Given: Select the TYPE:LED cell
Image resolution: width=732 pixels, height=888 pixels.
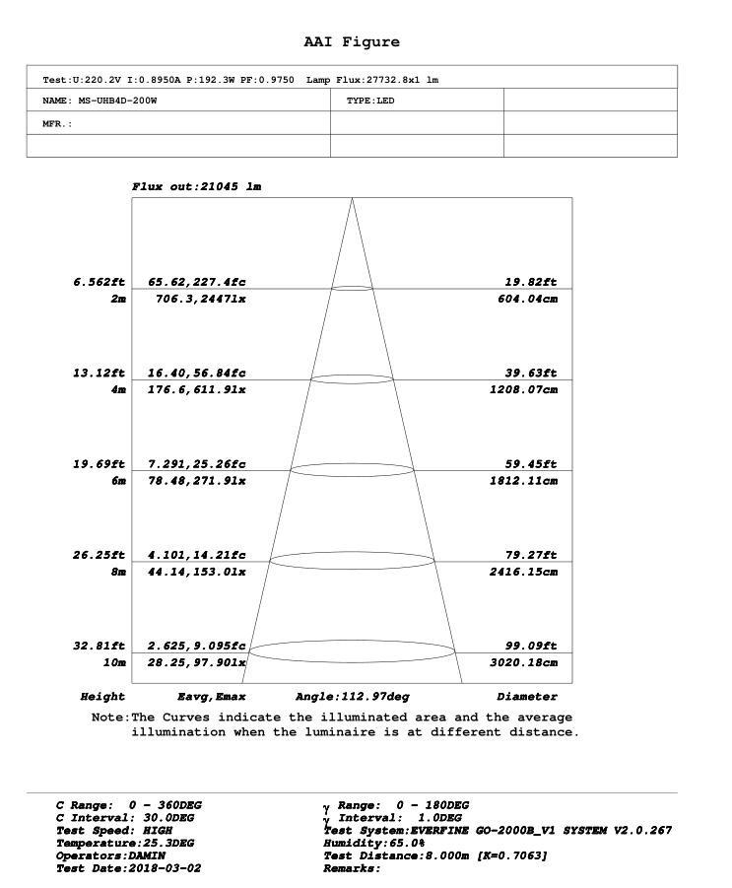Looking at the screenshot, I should coord(370,101).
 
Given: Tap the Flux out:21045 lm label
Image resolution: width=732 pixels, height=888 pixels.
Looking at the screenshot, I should coord(196,186).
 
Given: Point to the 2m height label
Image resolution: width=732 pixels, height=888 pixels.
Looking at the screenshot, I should coord(118,299).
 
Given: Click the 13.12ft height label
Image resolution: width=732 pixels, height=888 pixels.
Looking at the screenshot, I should coord(100,374).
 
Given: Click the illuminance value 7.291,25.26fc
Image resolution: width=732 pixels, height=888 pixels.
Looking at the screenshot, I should coord(197,464).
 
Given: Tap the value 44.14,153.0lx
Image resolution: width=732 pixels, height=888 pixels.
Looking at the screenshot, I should coord(201,572).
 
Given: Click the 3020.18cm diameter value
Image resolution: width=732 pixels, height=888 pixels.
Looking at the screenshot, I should coord(523,662).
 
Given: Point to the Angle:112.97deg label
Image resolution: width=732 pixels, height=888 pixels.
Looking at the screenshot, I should coord(353,697).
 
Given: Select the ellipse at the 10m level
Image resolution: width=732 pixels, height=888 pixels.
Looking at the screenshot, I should coord(353,650).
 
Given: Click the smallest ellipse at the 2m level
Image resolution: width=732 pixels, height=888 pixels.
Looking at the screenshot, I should coord(353,288).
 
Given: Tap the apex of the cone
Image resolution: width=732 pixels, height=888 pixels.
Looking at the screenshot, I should coord(353,199).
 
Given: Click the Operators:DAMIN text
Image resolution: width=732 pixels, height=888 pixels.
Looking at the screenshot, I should coord(110,855).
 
